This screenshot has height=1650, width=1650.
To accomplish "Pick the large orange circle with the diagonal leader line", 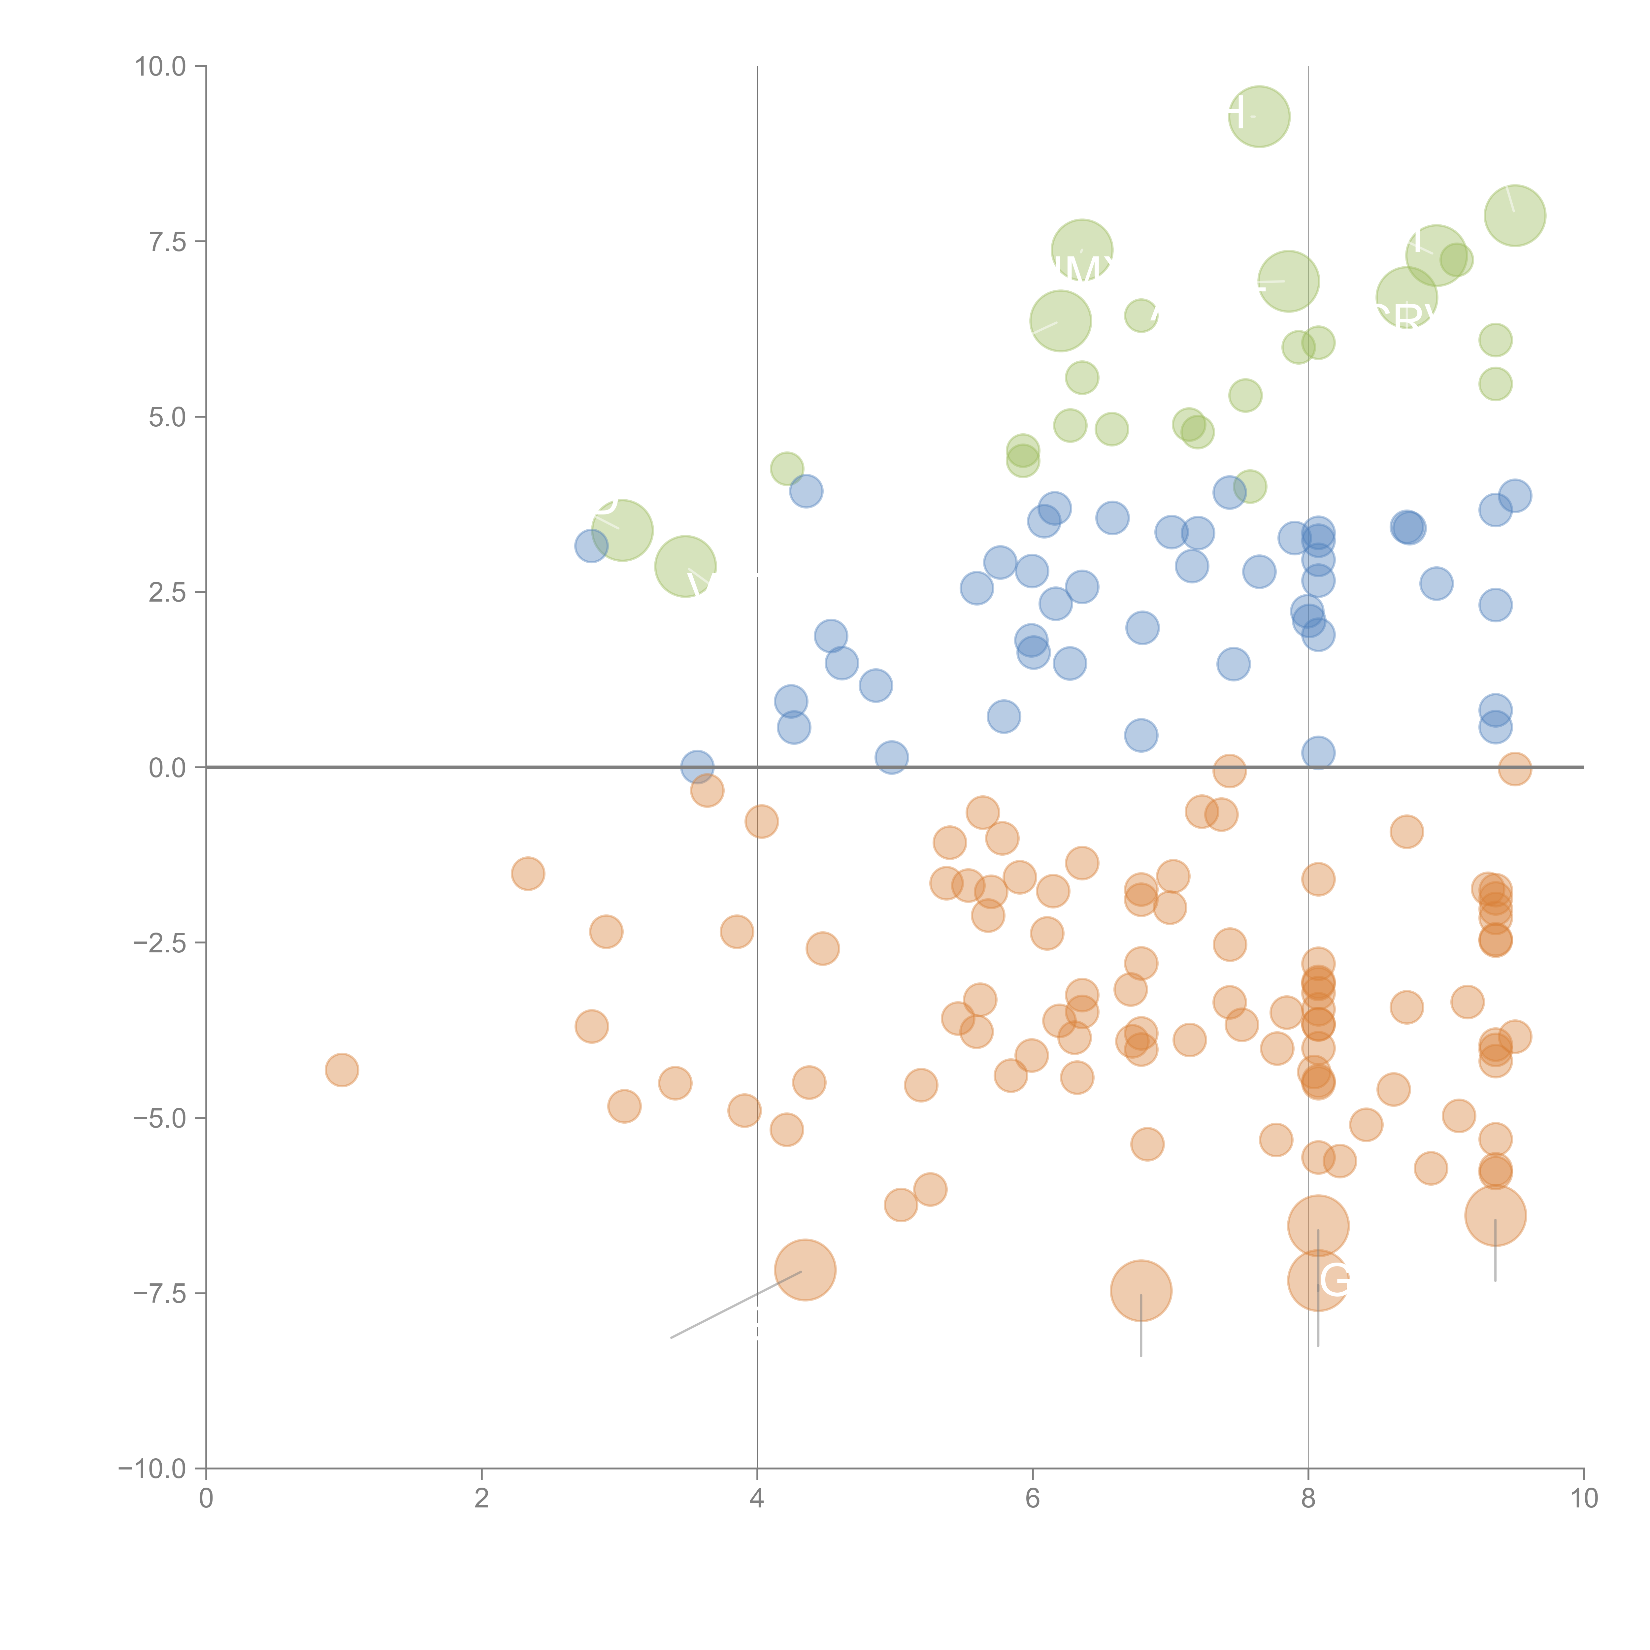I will [x=805, y=1270].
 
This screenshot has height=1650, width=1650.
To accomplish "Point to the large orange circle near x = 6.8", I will [x=1141, y=1290].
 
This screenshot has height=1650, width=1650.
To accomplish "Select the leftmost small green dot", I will [x=787, y=468].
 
